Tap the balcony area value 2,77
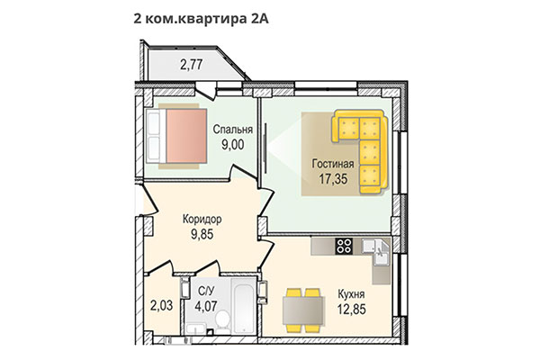192,65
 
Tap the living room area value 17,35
332,179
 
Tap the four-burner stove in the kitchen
344,244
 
